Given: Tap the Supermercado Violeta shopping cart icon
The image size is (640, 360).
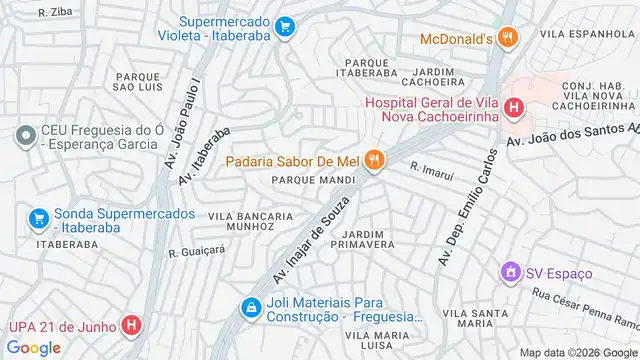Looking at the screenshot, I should point(285,27).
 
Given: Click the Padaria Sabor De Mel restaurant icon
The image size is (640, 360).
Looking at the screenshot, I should point(375,160).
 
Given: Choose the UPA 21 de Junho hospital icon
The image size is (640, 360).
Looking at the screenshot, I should point(131,325).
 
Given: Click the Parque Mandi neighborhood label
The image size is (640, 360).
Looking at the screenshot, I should point(307,180).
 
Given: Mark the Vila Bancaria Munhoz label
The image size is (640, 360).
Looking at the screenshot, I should point(250,221).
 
